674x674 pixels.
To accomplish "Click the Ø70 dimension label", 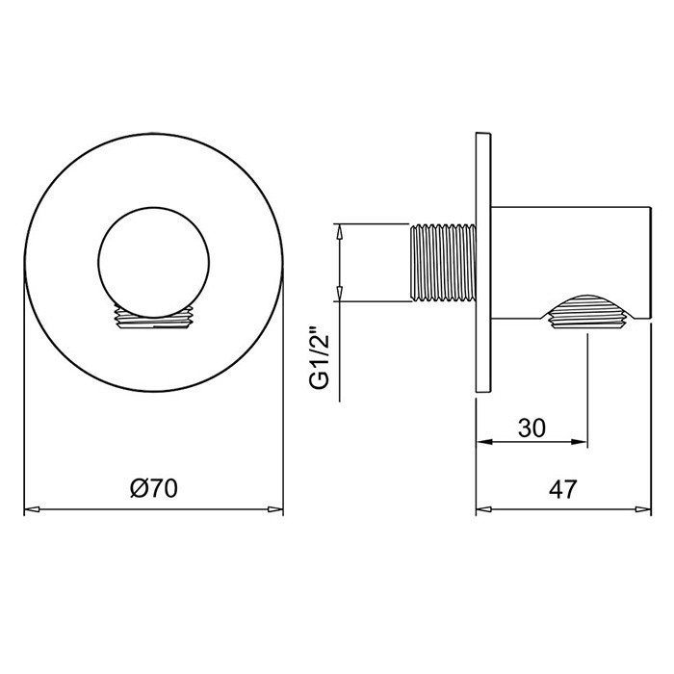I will click(153, 489).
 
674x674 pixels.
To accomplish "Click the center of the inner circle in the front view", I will click(153, 262).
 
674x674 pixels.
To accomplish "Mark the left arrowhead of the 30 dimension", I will click(484, 443).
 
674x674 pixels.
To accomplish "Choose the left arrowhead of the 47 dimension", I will click(484, 509).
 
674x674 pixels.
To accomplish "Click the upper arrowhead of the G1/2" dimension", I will click(338, 231).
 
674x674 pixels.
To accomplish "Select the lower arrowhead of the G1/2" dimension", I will click(338, 295).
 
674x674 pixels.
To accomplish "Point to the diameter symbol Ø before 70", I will click(137, 489).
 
